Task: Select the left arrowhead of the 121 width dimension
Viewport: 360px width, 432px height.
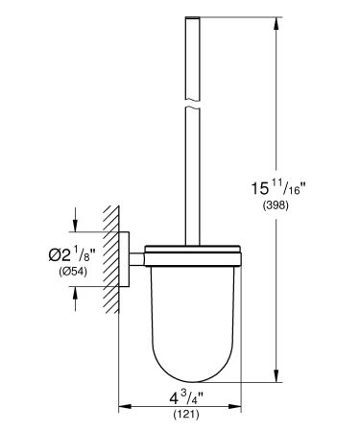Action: click(123, 407)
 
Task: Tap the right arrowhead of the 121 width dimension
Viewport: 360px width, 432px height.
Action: click(234, 407)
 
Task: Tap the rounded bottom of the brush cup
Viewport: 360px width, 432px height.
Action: click(190, 370)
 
